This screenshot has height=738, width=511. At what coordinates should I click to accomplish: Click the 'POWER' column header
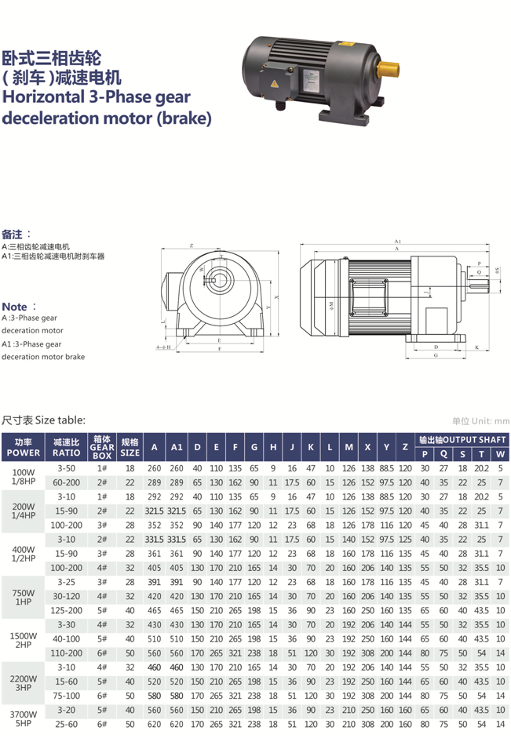tap(24, 453)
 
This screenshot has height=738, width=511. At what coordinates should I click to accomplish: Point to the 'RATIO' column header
tap(66, 453)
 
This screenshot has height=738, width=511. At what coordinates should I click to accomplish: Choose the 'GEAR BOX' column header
tap(102, 447)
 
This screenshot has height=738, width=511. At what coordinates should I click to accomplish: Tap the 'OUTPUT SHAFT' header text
tap(462, 439)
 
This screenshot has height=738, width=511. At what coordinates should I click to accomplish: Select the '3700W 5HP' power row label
tap(24, 720)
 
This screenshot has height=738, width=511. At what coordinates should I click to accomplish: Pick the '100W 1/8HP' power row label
tap(24, 474)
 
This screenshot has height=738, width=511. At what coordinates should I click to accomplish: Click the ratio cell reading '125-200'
tap(66, 609)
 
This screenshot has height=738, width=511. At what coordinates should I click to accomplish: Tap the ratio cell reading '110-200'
tap(66, 652)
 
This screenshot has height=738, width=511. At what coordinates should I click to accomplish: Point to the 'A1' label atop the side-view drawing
tap(398, 242)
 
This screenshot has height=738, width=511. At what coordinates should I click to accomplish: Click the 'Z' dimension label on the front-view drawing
tap(192, 245)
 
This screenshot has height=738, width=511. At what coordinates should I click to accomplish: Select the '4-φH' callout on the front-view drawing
tap(163, 347)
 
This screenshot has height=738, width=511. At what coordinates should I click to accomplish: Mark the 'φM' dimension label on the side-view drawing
tap(331, 302)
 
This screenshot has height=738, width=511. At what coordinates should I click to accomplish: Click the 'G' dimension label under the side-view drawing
tap(435, 354)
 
